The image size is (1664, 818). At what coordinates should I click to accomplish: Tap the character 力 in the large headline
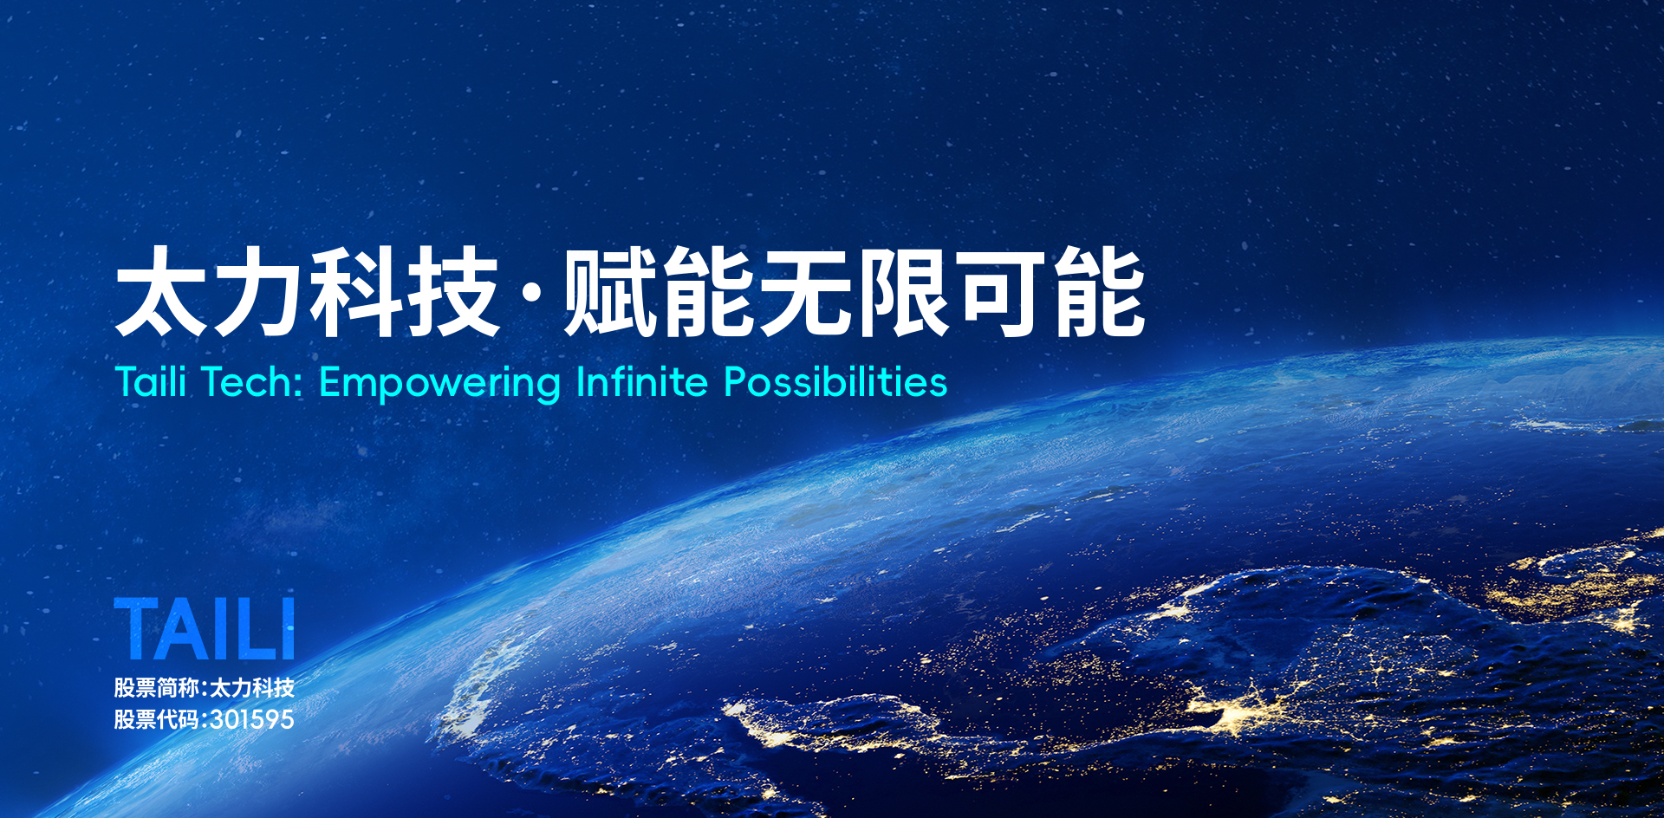(257, 291)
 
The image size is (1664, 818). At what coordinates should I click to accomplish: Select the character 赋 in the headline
(610, 291)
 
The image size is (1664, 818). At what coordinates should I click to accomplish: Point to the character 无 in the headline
(805, 291)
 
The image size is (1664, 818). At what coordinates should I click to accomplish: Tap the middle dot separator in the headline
(532, 293)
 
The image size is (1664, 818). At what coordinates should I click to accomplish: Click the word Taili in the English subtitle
(151, 382)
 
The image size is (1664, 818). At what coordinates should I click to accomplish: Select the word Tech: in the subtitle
(252, 382)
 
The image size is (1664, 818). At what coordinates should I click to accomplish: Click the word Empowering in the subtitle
(440, 384)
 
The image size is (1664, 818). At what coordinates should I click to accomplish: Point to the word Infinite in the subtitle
(642, 382)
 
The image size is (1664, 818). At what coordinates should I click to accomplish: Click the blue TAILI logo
(205, 628)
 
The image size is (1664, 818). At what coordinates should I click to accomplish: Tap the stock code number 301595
(252, 719)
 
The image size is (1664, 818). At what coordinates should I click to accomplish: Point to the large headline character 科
(355, 291)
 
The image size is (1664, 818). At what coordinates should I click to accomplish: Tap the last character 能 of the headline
(1100, 291)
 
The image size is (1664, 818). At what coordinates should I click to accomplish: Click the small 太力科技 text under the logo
(252, 688)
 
